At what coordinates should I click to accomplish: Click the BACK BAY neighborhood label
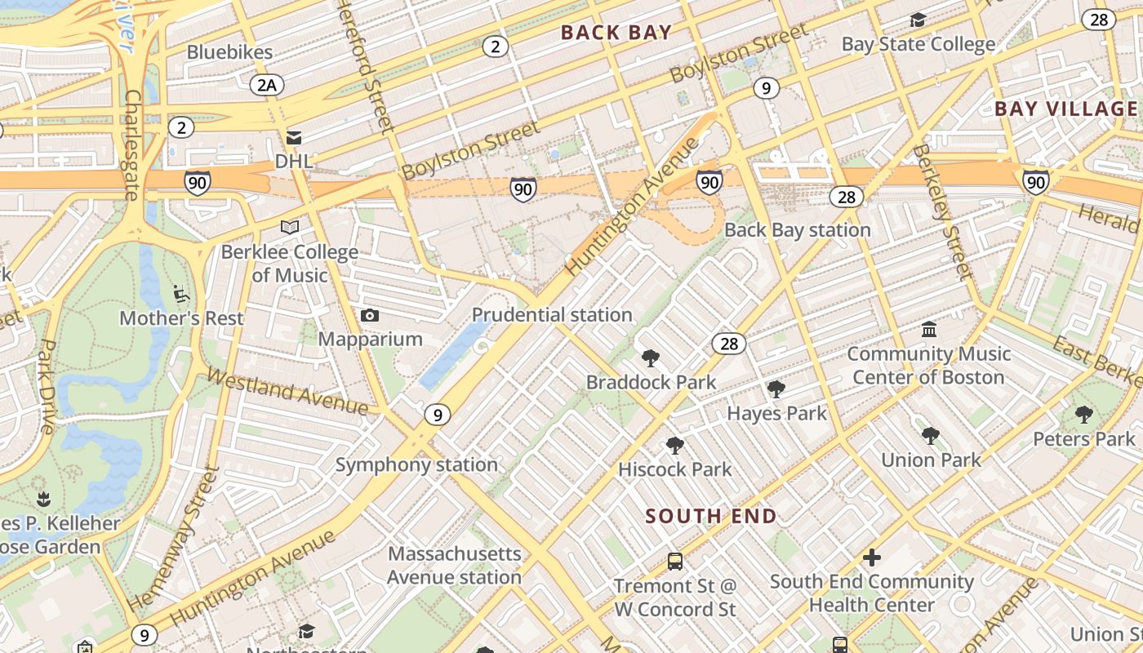click(617, 33)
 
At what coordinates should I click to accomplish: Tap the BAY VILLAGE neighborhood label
click(1065, 109)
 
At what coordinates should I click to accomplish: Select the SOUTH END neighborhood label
click(710, 516)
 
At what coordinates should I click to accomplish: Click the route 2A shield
click(266, 84)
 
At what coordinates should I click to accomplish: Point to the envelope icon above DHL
click(293, 138)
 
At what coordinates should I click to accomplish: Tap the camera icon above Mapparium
click(370, 315)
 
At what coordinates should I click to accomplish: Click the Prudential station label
click(552, 314)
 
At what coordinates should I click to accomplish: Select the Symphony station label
click(416, 464)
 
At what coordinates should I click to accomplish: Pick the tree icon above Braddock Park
click(651, 358)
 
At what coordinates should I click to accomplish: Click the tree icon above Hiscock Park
click(674, 446)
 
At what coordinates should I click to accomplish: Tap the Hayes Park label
click(776, 413)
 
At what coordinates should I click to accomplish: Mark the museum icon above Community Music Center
click(929, 330)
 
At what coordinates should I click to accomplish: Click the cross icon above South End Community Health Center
click(872, 557)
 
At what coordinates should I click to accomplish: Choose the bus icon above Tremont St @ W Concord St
click(675, 562)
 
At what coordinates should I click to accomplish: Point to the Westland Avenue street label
click(287, 390)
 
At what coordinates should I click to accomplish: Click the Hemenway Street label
click(174, 539)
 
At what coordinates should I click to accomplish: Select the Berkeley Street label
click(943, 212)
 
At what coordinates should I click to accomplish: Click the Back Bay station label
click(798, 229)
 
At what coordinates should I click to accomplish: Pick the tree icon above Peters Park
click(1083, 415)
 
